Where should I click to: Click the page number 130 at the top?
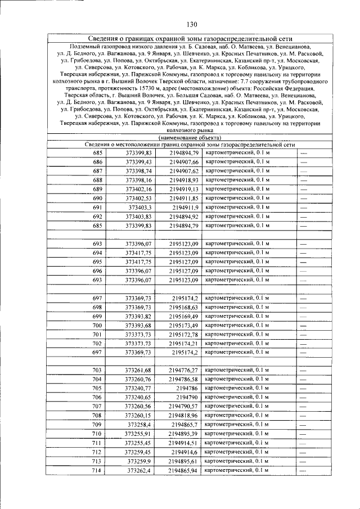[191, 24]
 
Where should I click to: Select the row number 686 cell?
[98, 162]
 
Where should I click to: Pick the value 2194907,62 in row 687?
[184, 171]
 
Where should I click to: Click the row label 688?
[98, 180]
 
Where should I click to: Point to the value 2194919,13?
[184, 189]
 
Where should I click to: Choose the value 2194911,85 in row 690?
[184, 198]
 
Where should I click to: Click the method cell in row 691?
[237, 207]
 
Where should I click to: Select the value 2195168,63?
[184, 307]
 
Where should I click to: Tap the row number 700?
[98, 325]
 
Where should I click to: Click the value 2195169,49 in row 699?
[184, 316]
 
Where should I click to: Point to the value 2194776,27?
[184, 370]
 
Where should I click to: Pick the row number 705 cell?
[97, 388]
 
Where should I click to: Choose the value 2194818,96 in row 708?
[184, 415]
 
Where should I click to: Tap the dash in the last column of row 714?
[304, 470]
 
